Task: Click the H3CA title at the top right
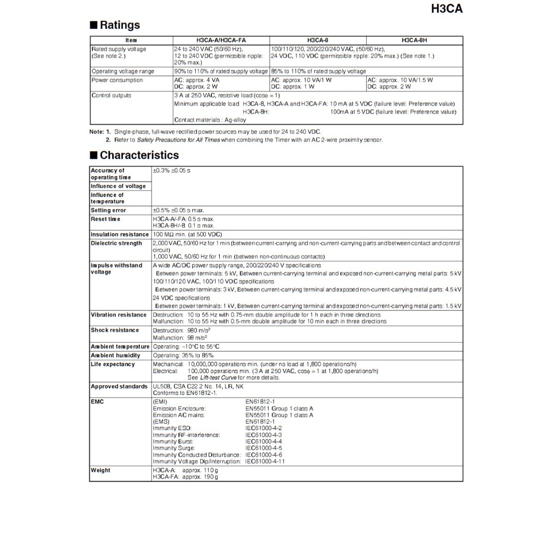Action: (442, 9)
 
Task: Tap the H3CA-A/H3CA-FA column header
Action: (221, 40)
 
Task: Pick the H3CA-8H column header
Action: (414, 40)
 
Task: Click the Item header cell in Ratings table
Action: (131, 40)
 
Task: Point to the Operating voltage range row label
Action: (123, 71)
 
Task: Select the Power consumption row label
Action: (117, 80)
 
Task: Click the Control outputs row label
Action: (111, 96)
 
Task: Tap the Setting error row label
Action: (108, 210)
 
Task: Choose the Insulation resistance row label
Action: (120, 235)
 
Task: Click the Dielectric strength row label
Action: (117, 243)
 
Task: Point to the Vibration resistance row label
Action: (118, 315)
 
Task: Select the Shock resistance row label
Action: (114, 331)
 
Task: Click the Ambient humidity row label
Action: (115, 356)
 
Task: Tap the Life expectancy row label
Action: (113, 365)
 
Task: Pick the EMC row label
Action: (97, 402)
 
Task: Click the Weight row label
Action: (101, 470)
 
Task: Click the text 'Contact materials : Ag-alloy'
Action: (210, 120)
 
